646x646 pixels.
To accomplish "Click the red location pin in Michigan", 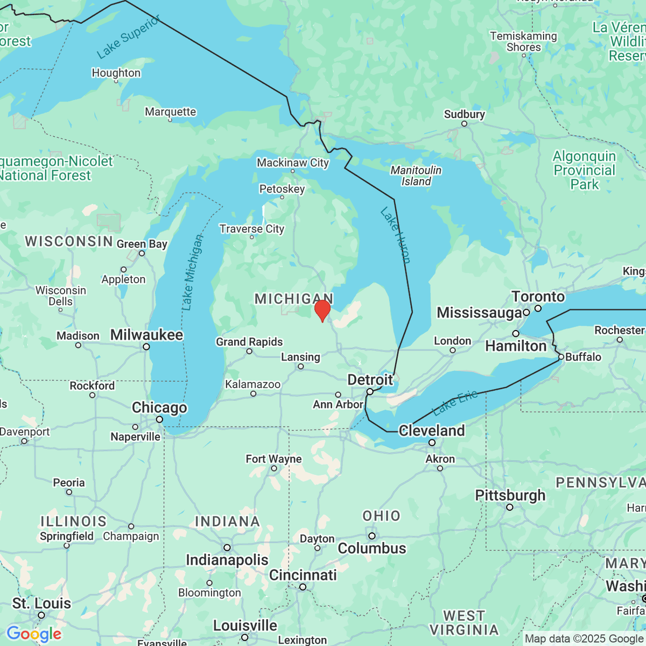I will point(322,311).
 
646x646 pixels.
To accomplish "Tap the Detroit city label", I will point(370,380).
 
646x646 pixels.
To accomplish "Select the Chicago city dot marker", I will point(159,419).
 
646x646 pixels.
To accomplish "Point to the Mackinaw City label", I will point(292,163).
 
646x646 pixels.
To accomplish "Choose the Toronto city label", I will point(538,297).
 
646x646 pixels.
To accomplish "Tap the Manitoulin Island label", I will point(416,175).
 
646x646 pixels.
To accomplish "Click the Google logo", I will point(34,634).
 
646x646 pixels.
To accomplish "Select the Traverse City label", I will point(251,229).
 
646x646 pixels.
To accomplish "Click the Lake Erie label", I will point(455,402).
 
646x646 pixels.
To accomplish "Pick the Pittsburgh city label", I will point(510,495).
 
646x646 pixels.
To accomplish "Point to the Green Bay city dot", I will point(142,253).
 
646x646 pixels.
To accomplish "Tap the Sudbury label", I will point(464,114).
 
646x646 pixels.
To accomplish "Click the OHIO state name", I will point(381,516).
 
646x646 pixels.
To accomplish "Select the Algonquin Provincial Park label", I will point(584,170).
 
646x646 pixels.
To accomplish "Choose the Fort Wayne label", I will point(273,459).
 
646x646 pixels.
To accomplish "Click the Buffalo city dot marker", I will point(561,357).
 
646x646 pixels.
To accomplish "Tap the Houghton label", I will point(116,73).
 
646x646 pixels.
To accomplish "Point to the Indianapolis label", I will point(227,560).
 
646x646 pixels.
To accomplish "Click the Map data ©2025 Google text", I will point(584,639).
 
